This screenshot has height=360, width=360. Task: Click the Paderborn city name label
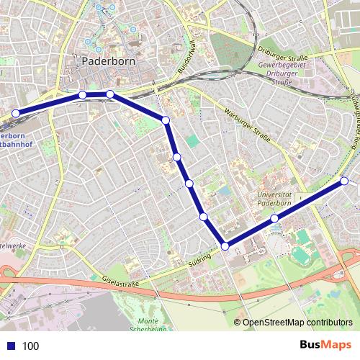[x=108, y=61]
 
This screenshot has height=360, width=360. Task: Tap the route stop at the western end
[x=16, y=112]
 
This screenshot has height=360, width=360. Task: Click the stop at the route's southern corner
[x=225, y=246]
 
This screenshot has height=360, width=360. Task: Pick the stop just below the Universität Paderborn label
[x=274, y=218]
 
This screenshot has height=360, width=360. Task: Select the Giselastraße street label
[x=120, y=282]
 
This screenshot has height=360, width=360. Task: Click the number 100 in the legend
[x=31, y=346]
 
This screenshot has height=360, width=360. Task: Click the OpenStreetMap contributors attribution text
[x=297, y=323]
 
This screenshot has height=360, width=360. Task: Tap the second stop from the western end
[x=83, y=95]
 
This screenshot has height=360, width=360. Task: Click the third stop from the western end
[x=110, y=94]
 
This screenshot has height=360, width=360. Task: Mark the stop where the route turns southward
[x=166, y=120]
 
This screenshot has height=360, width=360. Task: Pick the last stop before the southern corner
[x=204, y=216]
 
